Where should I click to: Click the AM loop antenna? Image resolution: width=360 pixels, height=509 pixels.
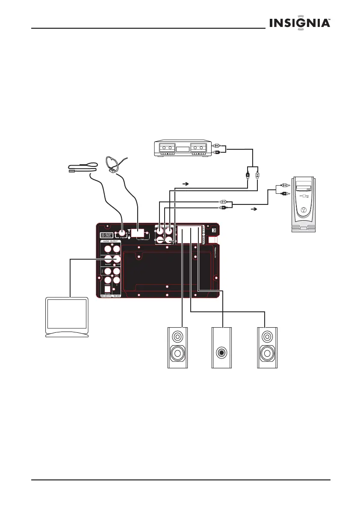click(x=113, y=164)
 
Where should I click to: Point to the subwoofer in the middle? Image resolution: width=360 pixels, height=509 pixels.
click(x=222, y=347)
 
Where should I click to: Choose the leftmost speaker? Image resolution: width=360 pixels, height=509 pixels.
click(x=177, y=347)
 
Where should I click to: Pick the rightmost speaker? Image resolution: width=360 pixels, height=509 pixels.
click(x=267, y=347)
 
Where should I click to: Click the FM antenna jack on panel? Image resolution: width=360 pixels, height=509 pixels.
click(x=123, y=234)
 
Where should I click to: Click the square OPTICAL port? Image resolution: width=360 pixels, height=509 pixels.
click(x=108, y=290)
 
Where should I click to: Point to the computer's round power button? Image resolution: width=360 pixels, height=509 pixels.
click(x=303, y=210)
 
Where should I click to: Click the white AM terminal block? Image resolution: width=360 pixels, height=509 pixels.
click(x=137, y=233)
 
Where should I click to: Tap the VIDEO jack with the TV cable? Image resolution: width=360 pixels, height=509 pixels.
click(x=115, y=259)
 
